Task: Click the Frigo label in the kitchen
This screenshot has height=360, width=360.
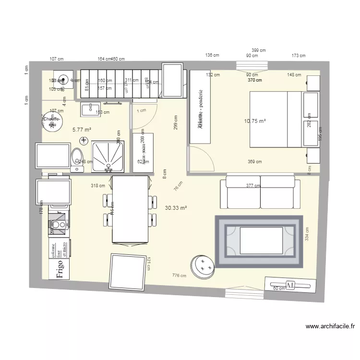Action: click(x=60, y=270)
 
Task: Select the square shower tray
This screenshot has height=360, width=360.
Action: click(x=108, y=156)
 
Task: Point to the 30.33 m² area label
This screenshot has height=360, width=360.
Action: click(x=176, y=208)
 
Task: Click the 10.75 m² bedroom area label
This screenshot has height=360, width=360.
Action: click(x=255, y=121)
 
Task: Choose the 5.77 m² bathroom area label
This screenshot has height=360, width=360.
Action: click(x=82, y=130)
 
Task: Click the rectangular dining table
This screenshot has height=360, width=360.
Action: click(x=130, y=209)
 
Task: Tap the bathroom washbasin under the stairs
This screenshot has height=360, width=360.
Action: click(x=89, y=110)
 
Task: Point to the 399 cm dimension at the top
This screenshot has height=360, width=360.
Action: click(x=259, y=50)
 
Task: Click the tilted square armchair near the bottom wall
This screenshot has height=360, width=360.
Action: click(x=128, y=272)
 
